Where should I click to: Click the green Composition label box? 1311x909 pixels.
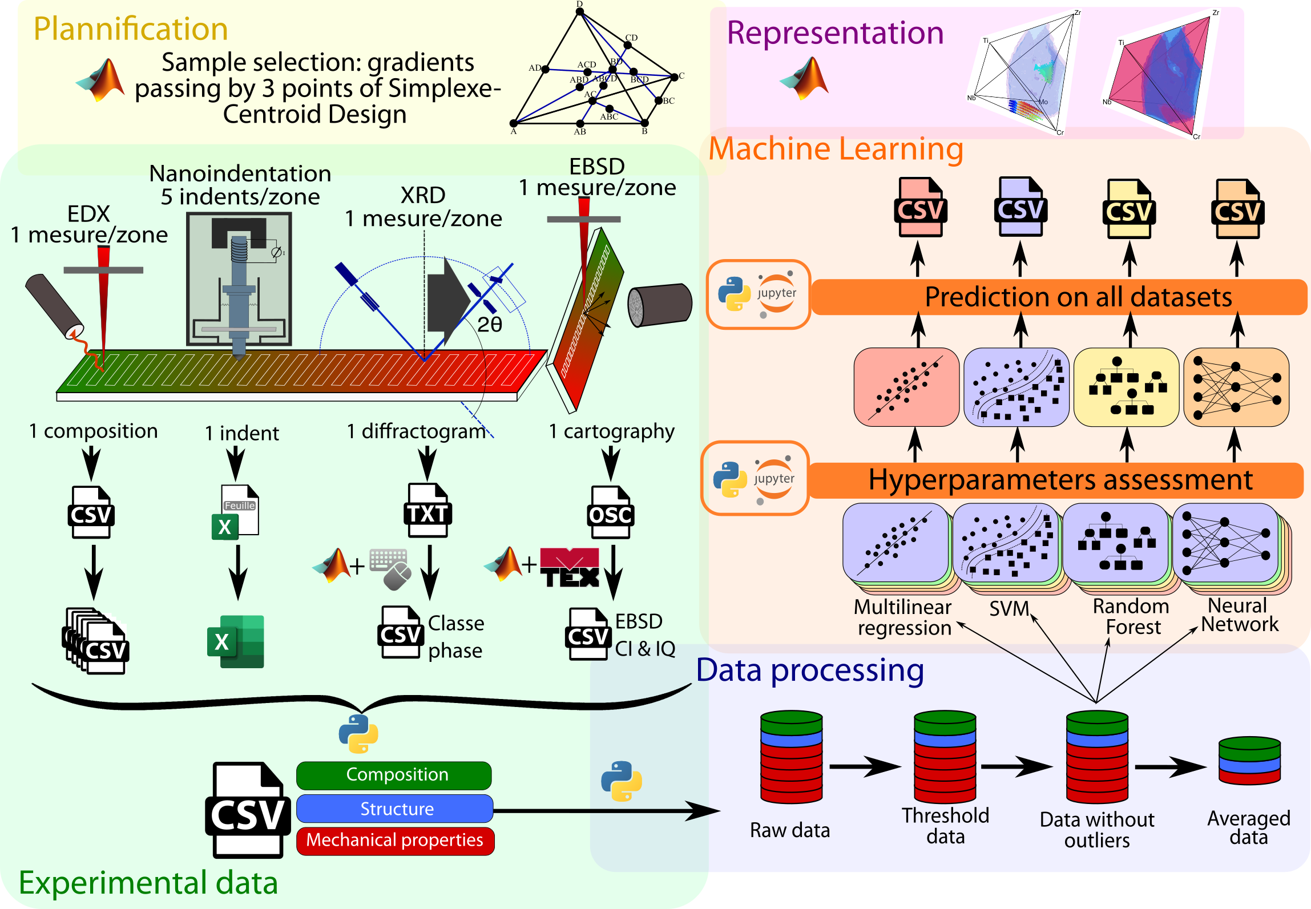pyautogui.click(x=394, y=775)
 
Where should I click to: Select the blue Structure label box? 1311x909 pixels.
pyautogui.click(x=395, y=809)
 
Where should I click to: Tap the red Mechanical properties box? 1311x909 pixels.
pyautogui.click(x=395, y=841)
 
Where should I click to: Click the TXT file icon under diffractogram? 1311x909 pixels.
pyautogui.click(x=427, y=511)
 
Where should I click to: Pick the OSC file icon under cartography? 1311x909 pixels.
pyautogui.click(x=610, y=512)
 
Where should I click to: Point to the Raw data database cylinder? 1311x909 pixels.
pyautogui.click(x=791, y=757)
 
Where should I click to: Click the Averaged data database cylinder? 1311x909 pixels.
pyautogui.click(x=1249, y=761)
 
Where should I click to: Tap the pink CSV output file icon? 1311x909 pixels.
pyautogui.click(x=920, y=207)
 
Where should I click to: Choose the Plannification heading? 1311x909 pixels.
pyautogui.click(x=131, y=29)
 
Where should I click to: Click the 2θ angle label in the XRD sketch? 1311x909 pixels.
pyautogui.click(x=490, y=325)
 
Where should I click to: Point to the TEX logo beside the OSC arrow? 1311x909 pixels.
pyautogui.click(x=570, y=567)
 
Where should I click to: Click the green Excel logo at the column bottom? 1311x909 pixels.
pyautogui.click(x=236, y=641)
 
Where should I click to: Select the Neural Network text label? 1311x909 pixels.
pyautogui.click(x=1239, y=615)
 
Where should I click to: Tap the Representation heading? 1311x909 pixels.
pyautogui.click(x=835, y=33)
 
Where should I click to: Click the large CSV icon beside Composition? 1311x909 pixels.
pyautogui.click(x=248, y=810)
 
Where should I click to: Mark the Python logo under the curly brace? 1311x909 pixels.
pyautogui.click(x=358, y=734)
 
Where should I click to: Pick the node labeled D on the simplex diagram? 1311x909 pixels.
pyautogui.click(x=580, y=11)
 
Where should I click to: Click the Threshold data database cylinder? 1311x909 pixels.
pyautogui.click(x=945, y=757)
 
